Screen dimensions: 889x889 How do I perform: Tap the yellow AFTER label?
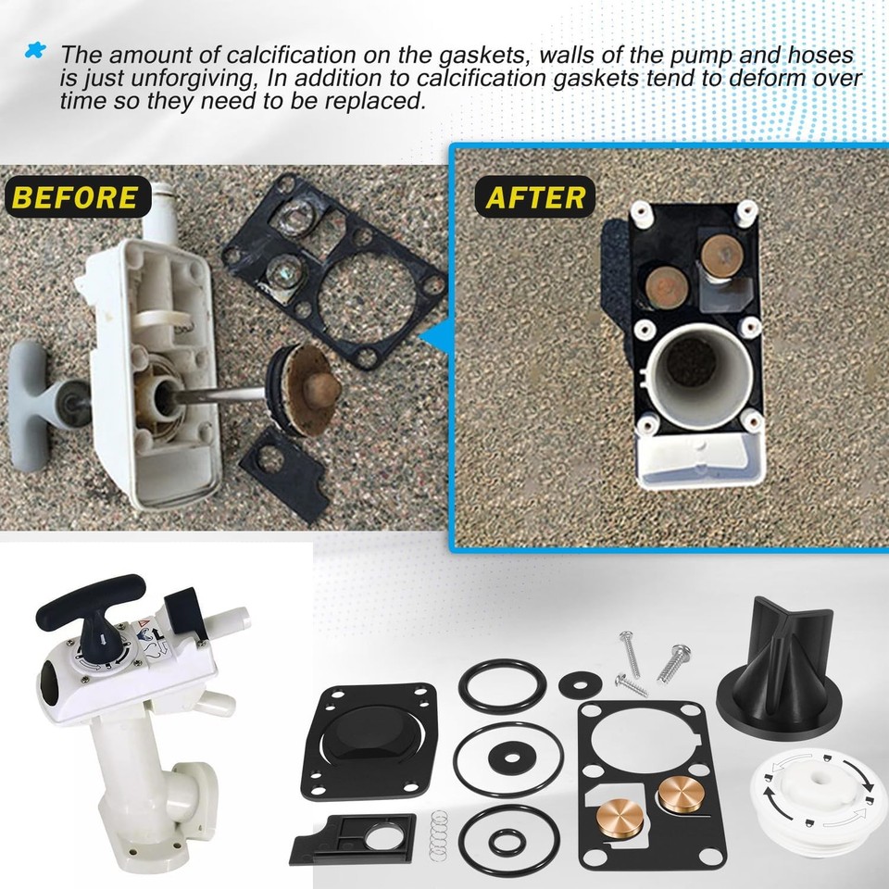535,197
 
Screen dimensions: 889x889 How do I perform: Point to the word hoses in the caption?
815,56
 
